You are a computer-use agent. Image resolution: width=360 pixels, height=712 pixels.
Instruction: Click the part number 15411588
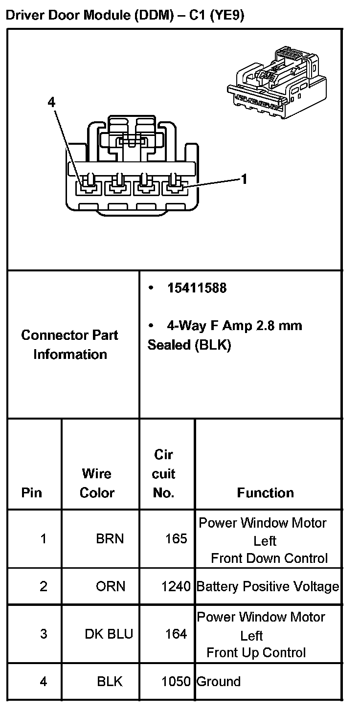(x=197, y=288)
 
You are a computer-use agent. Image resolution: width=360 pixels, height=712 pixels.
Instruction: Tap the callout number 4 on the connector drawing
(x=52, y=102)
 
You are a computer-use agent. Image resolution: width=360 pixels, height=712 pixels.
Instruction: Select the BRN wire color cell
(x=110, y=539)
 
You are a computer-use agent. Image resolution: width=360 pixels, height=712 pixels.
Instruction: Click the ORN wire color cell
(x=110, y=586)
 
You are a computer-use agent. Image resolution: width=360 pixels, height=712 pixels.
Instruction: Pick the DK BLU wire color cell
(x=109, y=634)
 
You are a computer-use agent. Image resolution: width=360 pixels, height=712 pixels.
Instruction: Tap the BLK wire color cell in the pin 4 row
(x=110, y=681)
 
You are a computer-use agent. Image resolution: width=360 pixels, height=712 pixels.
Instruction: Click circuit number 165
(x=176, y=539)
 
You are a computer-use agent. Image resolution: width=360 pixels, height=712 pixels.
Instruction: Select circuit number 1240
(x=176, y=586)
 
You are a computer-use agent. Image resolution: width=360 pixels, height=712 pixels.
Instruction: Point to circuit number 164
(x=176, y=634)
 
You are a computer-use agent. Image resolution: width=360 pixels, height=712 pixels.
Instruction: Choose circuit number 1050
(x=176, y=681)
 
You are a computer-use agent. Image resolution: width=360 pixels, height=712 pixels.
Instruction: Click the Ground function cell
(x=219, y=681)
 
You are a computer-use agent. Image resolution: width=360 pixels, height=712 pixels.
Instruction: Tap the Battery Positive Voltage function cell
(x=268, y=586)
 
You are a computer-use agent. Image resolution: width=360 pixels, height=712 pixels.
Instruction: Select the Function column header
(x=265, y=492)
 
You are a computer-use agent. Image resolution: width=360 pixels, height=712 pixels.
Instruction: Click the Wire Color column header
(x=97, y=483)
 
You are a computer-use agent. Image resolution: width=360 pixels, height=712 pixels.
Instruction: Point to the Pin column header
(x=32, y=492)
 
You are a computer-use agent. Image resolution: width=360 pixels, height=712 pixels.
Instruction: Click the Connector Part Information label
(x=70, y=345)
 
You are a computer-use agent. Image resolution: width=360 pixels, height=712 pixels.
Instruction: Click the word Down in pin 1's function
(x=267, y=558)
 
